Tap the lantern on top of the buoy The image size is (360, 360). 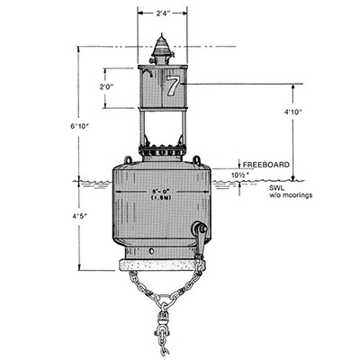(162, 49)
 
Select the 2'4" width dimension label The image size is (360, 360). (162, 13)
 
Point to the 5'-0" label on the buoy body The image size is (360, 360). (161, 192)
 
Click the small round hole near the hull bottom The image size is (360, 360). (151, 251)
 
